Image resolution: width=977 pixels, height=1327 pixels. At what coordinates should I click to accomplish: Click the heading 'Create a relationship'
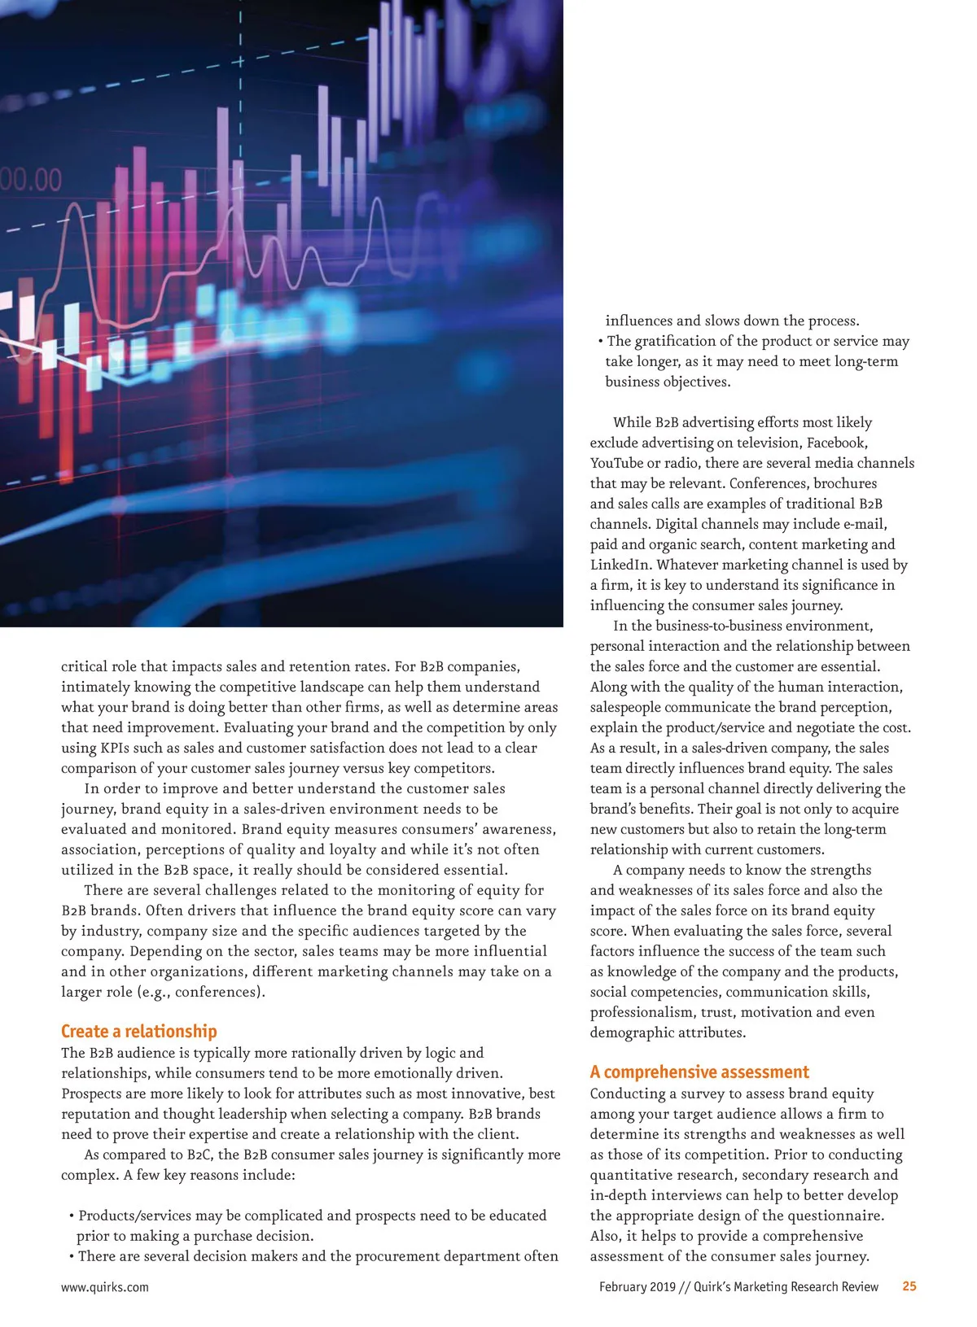click(138, 1032)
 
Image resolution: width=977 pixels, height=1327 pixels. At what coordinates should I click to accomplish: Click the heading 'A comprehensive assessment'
click(699, 1072)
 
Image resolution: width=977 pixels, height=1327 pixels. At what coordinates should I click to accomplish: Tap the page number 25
click(909, 1286)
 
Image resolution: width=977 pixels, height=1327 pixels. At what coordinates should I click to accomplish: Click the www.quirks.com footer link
click(105, 1287)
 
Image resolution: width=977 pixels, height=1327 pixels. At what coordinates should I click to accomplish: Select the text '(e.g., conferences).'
click(220, 992)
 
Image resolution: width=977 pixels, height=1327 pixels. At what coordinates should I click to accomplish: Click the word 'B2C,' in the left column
click(201, 1155)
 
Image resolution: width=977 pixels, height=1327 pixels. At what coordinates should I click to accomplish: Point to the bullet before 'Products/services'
click(72, 1216)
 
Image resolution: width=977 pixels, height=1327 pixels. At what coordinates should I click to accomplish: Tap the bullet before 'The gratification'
click(600, 342)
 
